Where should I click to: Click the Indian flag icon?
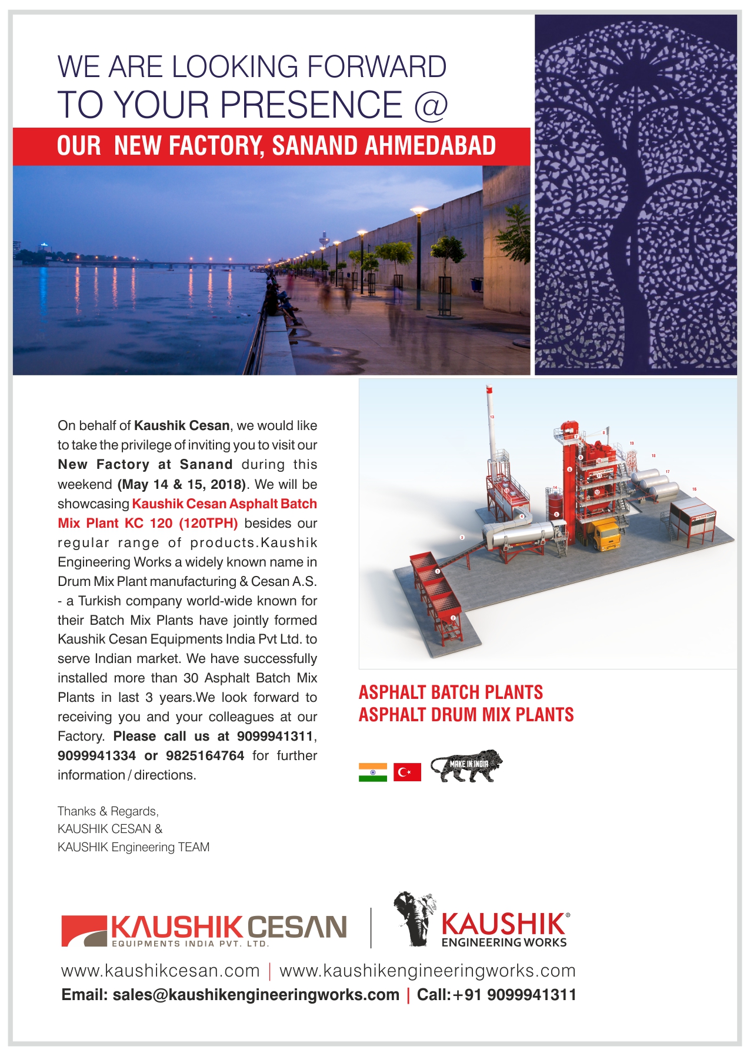[x=372, y=772]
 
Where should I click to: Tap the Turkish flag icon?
[x=407, y=772]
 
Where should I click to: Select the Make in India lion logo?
[x=466, y=765]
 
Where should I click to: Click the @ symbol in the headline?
[x=431, y=105]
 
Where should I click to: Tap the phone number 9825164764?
[x=205, y=756]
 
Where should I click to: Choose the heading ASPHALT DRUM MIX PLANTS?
[x=466, y=715]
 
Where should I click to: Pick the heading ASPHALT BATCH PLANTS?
[x=451, y=692]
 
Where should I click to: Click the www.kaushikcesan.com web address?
[x=160, y=971]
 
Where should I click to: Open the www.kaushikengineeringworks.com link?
[x=427, y=971]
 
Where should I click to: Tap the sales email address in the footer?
[x=256, y=995]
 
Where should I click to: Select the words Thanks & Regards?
[x=108, y=811]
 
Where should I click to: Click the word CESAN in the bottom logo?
[x=296, y=928]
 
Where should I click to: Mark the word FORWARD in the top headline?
[x=376, y=66]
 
